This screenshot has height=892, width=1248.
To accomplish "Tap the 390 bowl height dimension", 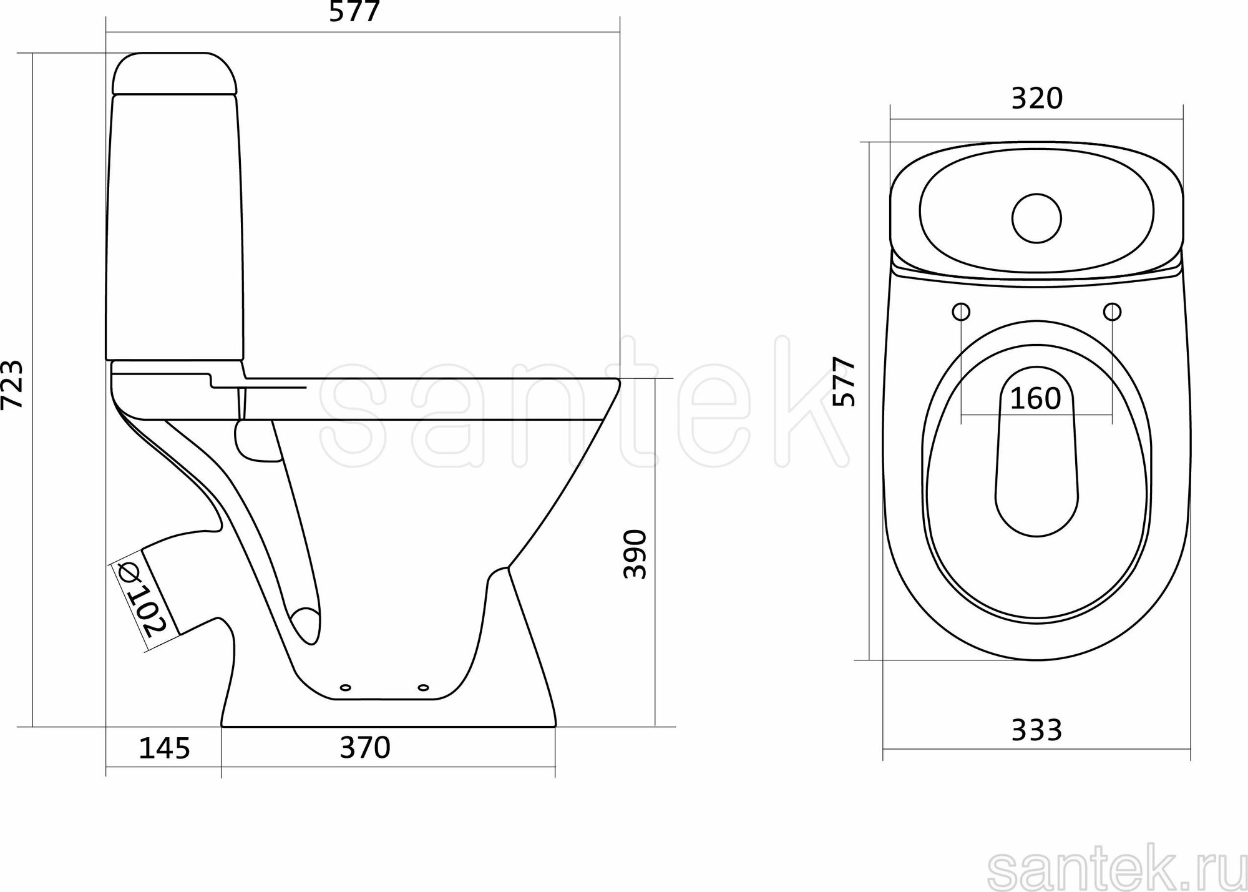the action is [x=635, y=554].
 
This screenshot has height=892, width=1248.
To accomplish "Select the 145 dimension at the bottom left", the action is [x=164, y=748].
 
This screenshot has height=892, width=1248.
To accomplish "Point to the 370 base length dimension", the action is [x=365, y=747].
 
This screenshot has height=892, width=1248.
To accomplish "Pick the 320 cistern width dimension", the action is [x=1036, y=99].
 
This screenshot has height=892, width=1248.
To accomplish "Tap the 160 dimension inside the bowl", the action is [x=1035, y=398].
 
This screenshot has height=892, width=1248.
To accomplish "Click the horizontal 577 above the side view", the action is [x=354, y=12].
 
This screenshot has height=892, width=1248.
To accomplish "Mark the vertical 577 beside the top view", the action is [x=844, y=382].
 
